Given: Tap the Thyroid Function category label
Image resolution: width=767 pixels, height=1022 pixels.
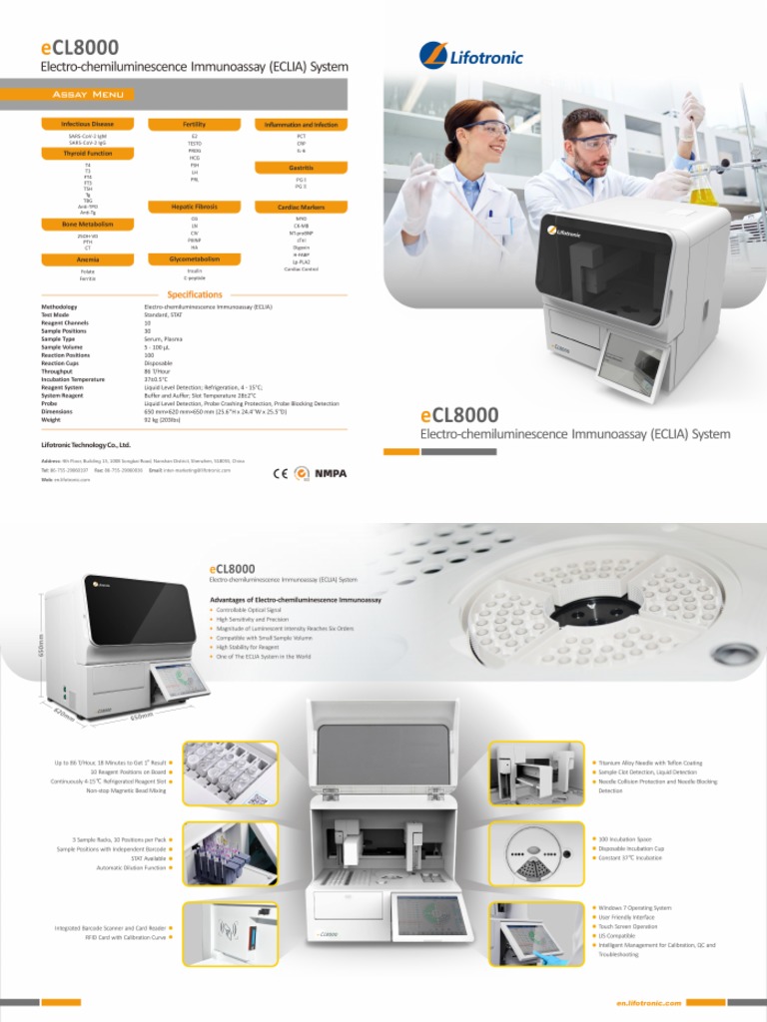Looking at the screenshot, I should coord(88,154).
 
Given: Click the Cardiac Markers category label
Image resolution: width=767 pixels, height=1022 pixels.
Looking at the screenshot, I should coord(301,207).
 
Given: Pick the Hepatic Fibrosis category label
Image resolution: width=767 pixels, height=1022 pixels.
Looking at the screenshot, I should coord(195,207).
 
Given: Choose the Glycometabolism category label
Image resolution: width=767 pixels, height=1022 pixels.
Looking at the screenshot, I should coord(195,258).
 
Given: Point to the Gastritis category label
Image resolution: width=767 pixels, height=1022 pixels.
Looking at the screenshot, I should coord(301,168).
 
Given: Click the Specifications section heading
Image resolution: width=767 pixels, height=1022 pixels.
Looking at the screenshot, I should coord(194,294).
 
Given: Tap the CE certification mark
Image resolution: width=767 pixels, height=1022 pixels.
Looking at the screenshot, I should coord(280,473).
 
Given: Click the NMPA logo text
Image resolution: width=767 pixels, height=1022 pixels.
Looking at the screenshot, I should coord(331,473).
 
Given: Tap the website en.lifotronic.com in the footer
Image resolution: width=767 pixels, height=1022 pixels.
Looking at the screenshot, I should coord(650,1002).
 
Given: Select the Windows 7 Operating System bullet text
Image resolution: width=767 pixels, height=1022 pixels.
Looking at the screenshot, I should coord(634,907).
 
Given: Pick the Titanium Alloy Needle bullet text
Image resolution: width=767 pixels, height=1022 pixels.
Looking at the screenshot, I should coord(649,763).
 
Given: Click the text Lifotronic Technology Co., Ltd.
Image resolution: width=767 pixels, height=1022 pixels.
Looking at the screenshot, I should coord(86,443).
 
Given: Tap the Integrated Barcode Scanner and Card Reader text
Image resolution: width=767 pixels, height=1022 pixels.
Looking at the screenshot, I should coord(110,928).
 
